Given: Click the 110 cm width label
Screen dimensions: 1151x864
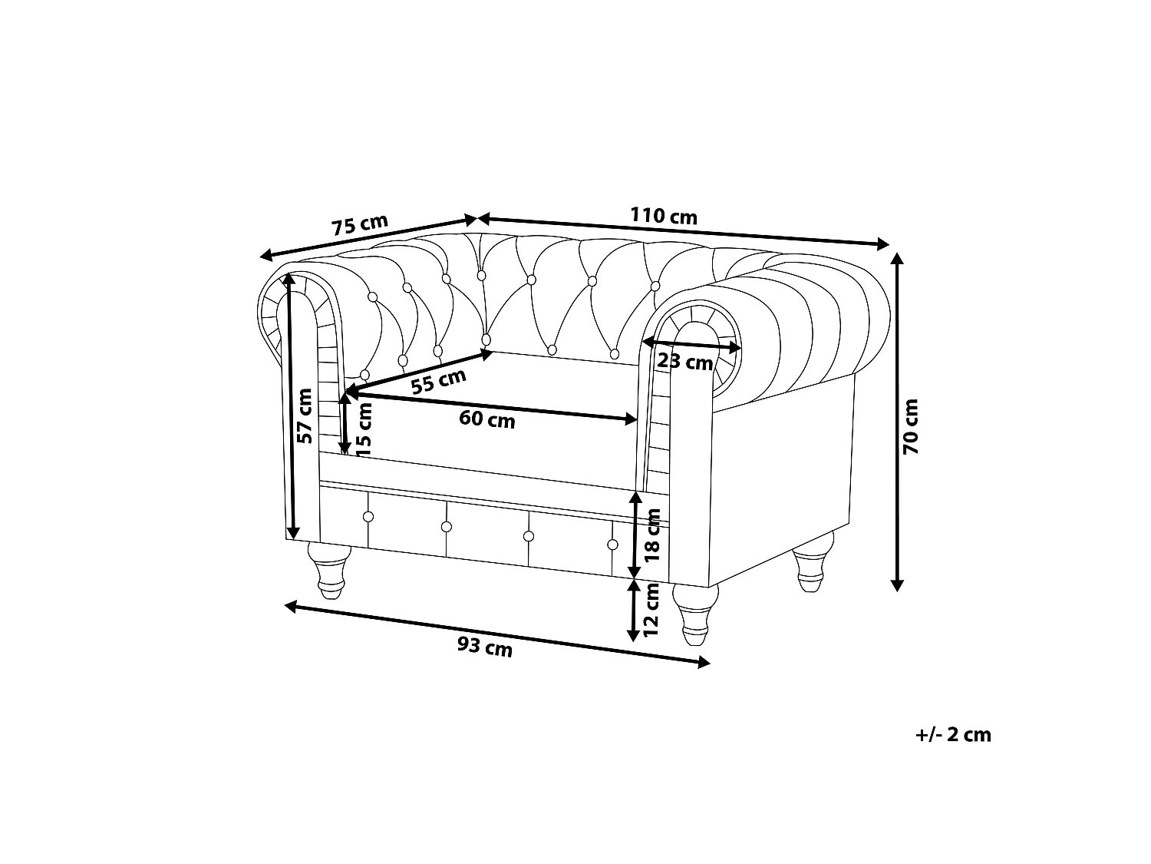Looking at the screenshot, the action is (663, 216).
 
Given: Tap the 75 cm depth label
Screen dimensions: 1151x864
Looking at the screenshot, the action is (360, 224).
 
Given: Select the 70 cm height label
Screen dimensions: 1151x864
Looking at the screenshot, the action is (910, 426).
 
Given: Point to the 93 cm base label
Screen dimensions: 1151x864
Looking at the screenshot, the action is (484, 647).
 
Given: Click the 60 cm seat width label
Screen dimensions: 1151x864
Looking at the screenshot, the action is (487, 419).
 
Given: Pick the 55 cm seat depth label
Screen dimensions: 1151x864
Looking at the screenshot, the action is (438, 382).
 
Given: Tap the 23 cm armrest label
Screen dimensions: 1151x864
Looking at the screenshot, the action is (684, 362).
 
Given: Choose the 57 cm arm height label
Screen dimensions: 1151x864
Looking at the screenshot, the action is (304, 416).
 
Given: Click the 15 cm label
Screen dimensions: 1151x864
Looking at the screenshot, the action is (364, 429).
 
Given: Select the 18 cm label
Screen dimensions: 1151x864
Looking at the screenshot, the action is (653, 535).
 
